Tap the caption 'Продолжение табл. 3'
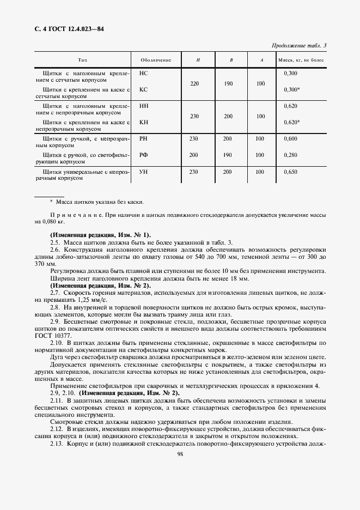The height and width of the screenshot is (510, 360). click(302, 46)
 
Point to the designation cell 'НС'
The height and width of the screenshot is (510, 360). click(144, 72)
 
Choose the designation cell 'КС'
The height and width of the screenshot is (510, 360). click(144, 89)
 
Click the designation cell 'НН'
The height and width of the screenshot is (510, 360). click(144, 105)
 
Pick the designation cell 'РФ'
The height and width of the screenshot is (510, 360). click(144, 155)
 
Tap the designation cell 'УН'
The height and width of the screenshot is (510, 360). click(144, 172)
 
